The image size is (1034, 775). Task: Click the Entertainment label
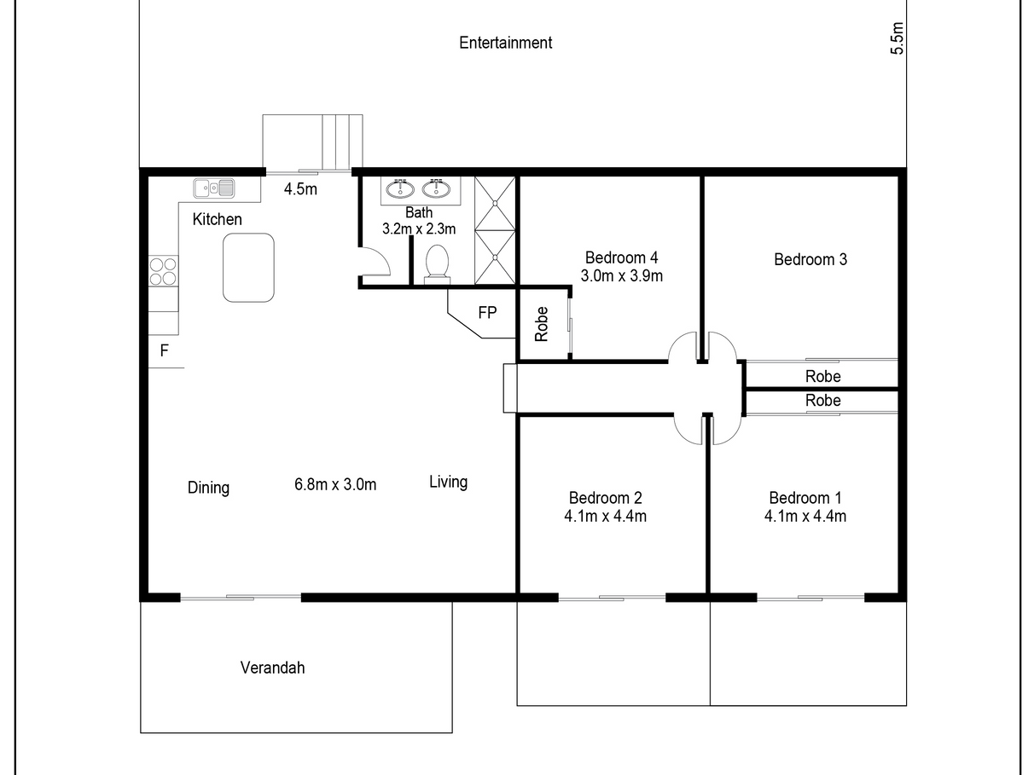[x=505, y=43]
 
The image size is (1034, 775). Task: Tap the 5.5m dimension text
[x=897, y=38]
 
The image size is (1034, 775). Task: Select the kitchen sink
[x=214, y=188]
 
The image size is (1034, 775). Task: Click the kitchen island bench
[x=248, y=267]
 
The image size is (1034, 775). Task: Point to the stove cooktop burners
[x=164, y=271]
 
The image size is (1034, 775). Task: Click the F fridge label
[x=165, y=350]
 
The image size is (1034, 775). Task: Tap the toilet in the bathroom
[x=437, y=264]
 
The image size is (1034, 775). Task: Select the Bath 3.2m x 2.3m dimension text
[x=419, y=221]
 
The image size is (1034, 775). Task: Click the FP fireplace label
[x=487, y=312]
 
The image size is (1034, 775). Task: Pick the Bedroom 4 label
[x=621, y=257]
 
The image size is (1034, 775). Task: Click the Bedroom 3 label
[x=810, y=259]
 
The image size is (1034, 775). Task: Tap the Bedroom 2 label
[x=606, y=498]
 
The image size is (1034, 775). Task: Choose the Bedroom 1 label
[x=805, y=498]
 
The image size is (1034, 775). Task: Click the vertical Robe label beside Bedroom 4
[x=542, y=324]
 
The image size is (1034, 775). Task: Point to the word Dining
[x=208, y=488]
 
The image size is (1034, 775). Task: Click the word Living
[x=448, y=482]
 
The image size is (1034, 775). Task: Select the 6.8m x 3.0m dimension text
[x=335, y=484]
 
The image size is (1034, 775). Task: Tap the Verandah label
[x=272, y=668]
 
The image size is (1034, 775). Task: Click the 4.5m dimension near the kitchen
[x=300, y=189]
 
